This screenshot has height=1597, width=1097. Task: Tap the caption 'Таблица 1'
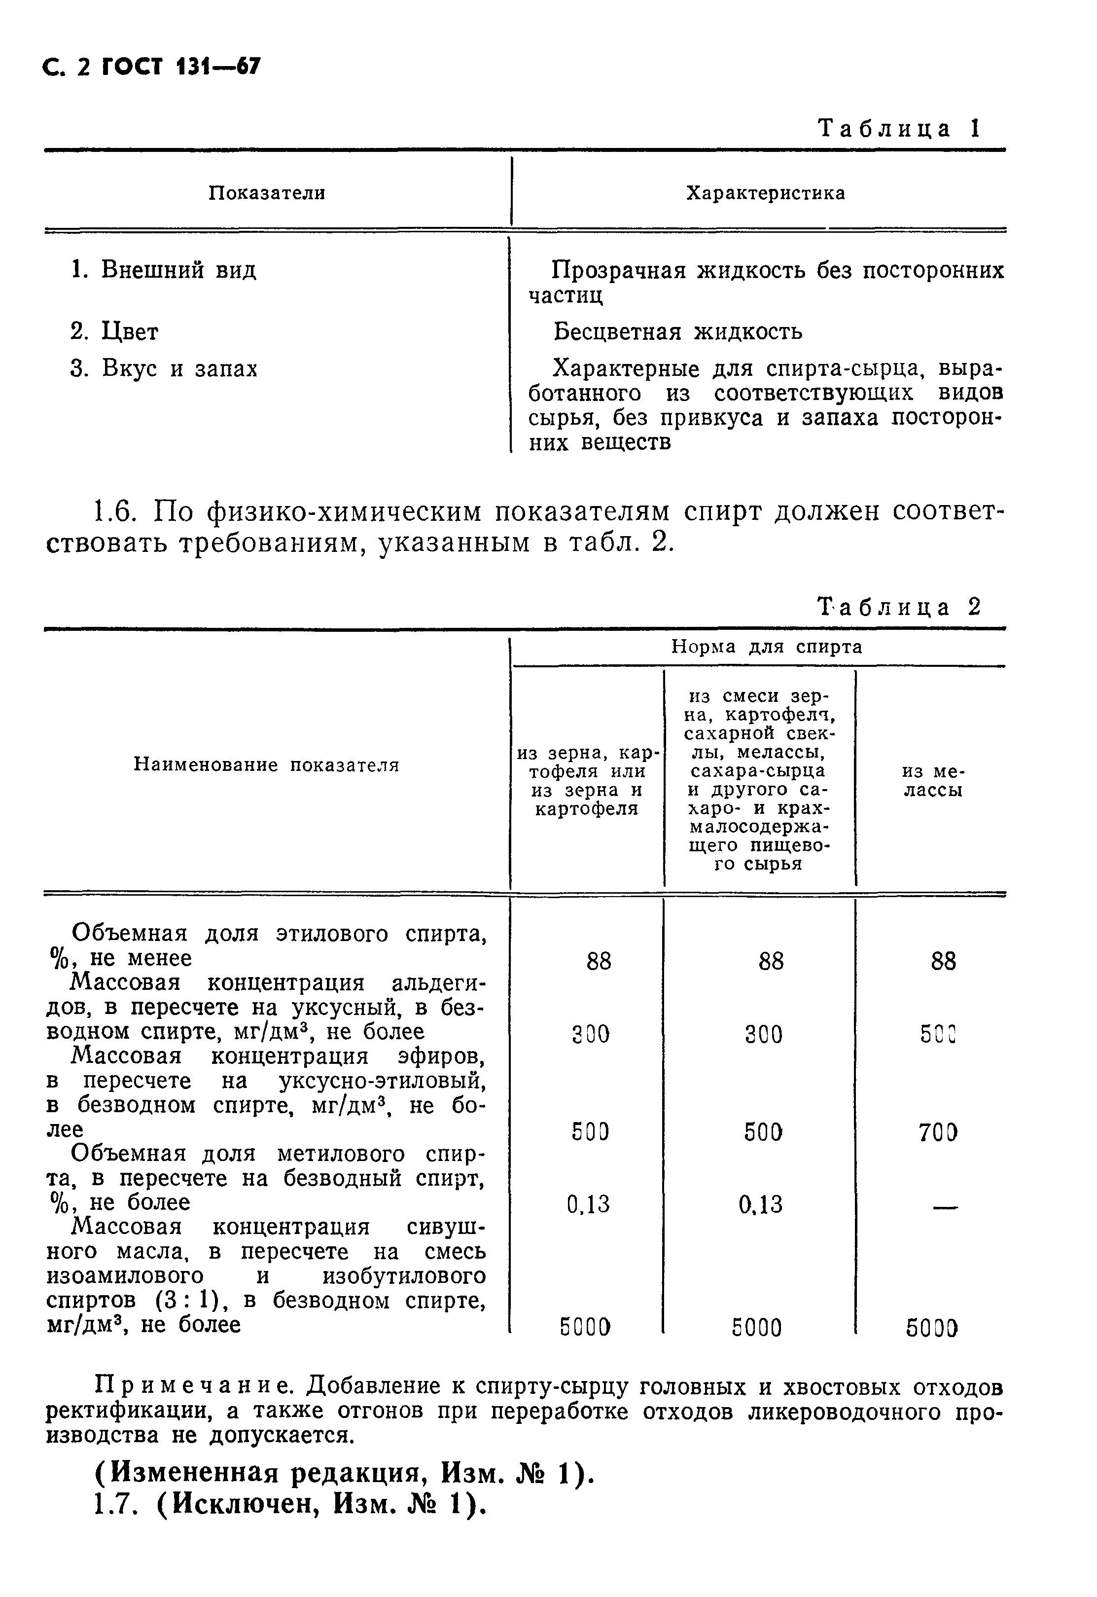(x=898, y=129)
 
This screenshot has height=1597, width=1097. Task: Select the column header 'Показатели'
(x=267, y=193)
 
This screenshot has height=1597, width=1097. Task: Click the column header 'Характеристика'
(x=765, y=193)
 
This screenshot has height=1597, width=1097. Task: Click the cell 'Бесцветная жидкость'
(x=678, y=332)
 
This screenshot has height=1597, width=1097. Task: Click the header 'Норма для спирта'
(x=766, y=647)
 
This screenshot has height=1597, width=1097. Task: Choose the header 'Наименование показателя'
(x=266, y=764)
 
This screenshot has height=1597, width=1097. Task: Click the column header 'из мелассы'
(x=932, y=781)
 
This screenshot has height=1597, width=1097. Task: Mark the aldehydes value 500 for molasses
(x=938, y=1034)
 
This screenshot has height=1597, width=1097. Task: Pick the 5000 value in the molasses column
(x=931, y=1328)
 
